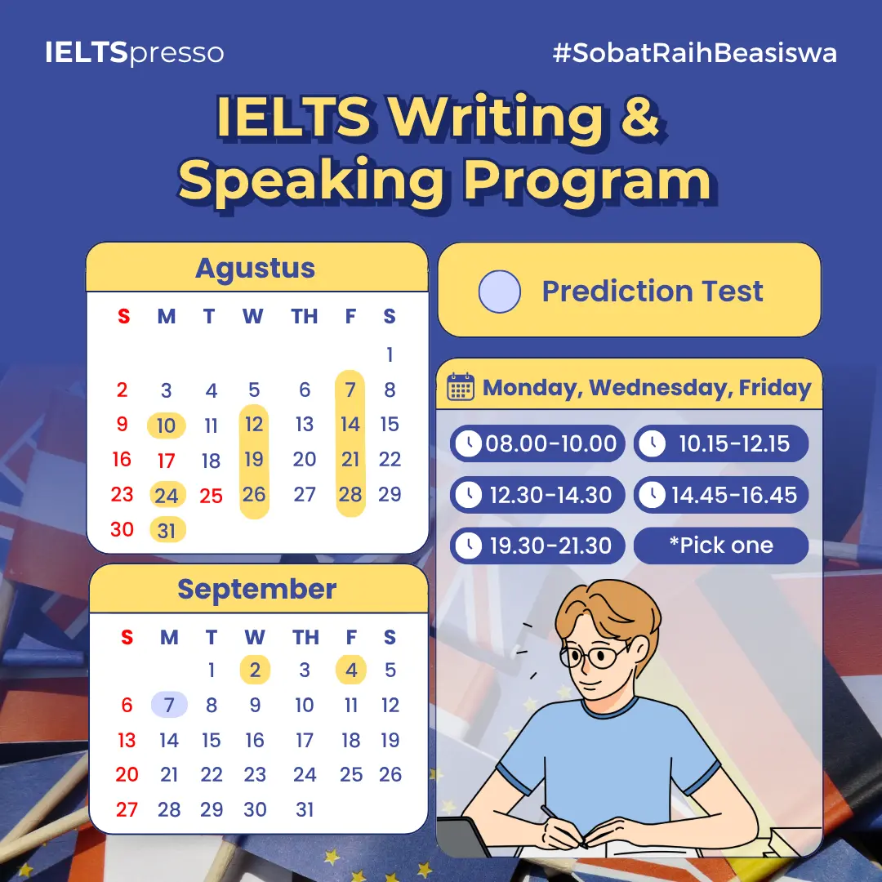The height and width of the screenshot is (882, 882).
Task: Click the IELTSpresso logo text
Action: click(x=135, y=53)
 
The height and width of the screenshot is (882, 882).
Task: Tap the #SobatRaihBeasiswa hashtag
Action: click(x=695, y=53)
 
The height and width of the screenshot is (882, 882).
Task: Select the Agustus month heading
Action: click(x=255, y=269)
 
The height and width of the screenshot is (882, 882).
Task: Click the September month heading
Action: click(x=257, y=589)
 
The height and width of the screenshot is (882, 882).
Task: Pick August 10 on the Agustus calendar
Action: click(x=166, y=425)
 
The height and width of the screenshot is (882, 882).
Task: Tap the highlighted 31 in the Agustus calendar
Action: click(x=167, y=530)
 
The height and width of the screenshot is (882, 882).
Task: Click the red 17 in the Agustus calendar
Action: click(x=167, y=461)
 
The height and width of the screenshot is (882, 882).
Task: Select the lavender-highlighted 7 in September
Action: click(x=169, y=704)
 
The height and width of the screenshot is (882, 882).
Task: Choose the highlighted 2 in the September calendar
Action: click(x=255, y=670)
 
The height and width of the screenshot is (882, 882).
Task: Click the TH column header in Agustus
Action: click(x=305, y=316)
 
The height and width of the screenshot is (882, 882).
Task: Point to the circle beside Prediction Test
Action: click(x=500, y=292)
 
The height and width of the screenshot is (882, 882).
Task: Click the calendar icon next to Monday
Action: click(x=461, y=387)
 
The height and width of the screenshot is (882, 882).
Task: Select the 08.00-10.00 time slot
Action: click(x=537, y=443)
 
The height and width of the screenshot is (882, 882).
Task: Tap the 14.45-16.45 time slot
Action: click(x=721, y=495)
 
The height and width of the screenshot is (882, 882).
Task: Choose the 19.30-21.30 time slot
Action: click(x=537, y=545)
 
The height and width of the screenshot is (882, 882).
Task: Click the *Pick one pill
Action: click(x=721, y=545)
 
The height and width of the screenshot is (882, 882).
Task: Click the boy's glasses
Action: click(x=594, y=656)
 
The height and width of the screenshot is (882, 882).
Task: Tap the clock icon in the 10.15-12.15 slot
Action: click(x=653, y=443)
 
